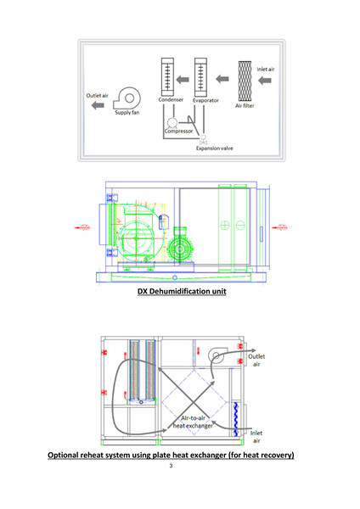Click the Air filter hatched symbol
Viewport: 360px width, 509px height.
pyautogui.click(x=245, y=81)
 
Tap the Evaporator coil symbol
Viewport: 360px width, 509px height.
pyautogui.click(x=200, y=77)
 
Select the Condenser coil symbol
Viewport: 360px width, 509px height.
pyautogui.click(x=167, y=77)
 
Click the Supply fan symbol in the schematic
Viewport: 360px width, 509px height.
pyautogui.click(x=127, y=98)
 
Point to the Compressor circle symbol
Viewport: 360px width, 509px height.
pyautogui.click(x=172, y=123)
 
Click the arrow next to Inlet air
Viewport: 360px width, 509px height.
pyautogui.click(x=265, y=81)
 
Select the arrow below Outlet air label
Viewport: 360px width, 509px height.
pyautogui.click(x=98, y=105)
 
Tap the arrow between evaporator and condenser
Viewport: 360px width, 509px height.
pyautogui.click(x=183, y=79)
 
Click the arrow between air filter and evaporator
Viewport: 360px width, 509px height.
pyautogui.click(x=222, y=79)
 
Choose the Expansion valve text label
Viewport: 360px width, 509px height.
pyautogui.click(x=215, y=148)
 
